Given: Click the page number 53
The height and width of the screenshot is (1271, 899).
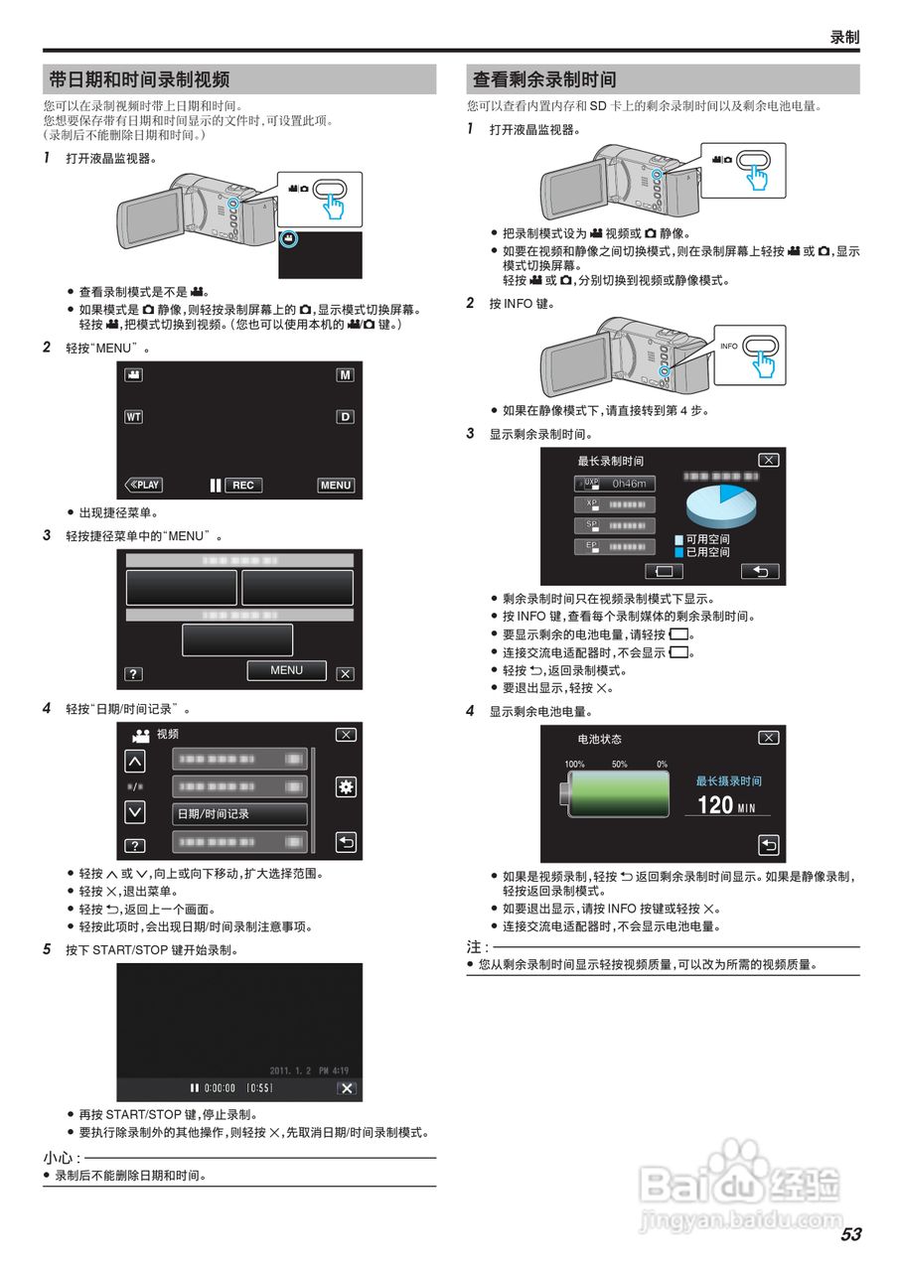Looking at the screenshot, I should tap(850, 1234).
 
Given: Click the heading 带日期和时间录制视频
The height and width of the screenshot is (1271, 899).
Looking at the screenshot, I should tap(139, 79).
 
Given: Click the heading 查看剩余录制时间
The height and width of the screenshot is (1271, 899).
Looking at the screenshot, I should tap(543, 79).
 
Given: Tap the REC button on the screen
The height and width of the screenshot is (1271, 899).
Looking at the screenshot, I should tap(243, 486).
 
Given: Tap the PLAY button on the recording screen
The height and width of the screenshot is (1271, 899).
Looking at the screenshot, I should tap(144, 486).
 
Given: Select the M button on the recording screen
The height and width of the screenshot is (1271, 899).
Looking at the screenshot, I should tap(345, 375).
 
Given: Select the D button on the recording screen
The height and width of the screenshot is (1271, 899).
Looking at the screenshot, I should tap(345, 417).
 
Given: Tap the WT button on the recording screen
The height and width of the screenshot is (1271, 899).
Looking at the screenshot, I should tap(133, 417).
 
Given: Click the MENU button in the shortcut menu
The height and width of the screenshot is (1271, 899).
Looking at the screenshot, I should tap(286, 670).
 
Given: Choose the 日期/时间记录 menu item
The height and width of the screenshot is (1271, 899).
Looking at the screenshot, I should tap(239, 814).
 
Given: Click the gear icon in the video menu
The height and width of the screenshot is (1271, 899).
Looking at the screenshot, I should tap(346, 786).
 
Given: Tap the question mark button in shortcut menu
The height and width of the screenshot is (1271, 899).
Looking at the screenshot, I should tap(133, 674).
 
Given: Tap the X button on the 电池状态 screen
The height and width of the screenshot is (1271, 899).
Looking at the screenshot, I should tap(768, 738).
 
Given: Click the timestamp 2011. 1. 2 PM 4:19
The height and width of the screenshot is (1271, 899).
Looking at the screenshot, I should tap(309, 1070).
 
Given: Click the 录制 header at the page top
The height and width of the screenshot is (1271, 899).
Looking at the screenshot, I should tap(843, 37).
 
